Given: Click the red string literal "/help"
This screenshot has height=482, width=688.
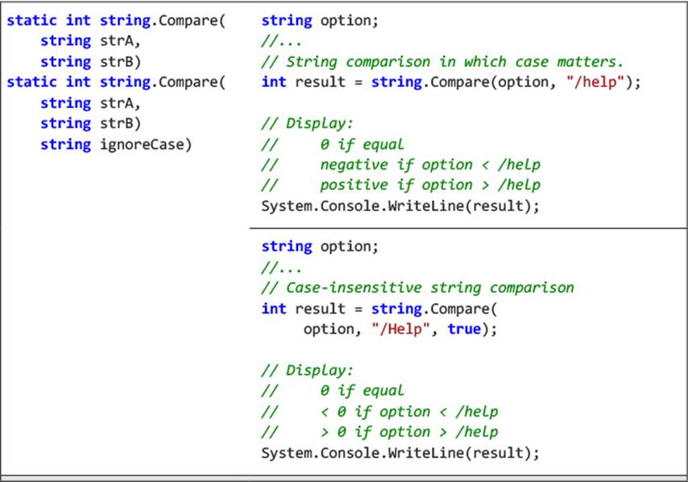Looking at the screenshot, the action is pos(595,82).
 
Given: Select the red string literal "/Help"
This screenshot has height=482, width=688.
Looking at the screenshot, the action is pos(400,329).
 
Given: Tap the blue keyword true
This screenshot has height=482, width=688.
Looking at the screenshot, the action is pos(464,329).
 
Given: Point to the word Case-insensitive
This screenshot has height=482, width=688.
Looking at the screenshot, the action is pos(354,288).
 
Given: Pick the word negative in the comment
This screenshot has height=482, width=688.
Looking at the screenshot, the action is pos(354,165).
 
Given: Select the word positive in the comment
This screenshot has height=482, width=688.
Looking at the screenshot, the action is pos(354,185).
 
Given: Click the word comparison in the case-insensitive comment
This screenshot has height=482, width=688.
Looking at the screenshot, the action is pos(532,288).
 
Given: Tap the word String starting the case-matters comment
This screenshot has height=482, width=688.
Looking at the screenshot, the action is pos(312,62).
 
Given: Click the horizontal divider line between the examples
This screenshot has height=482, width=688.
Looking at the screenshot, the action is pos(468,228).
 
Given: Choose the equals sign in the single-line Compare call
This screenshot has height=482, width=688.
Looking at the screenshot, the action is pos(358,82).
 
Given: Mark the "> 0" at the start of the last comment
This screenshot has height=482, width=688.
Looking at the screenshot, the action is pos(333,432).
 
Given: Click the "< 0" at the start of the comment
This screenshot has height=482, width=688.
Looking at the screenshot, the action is pos(333,412).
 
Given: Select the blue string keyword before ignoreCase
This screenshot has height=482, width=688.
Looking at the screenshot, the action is pos(66,144).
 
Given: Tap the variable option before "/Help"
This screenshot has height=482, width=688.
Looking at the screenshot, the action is pos(329,329).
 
